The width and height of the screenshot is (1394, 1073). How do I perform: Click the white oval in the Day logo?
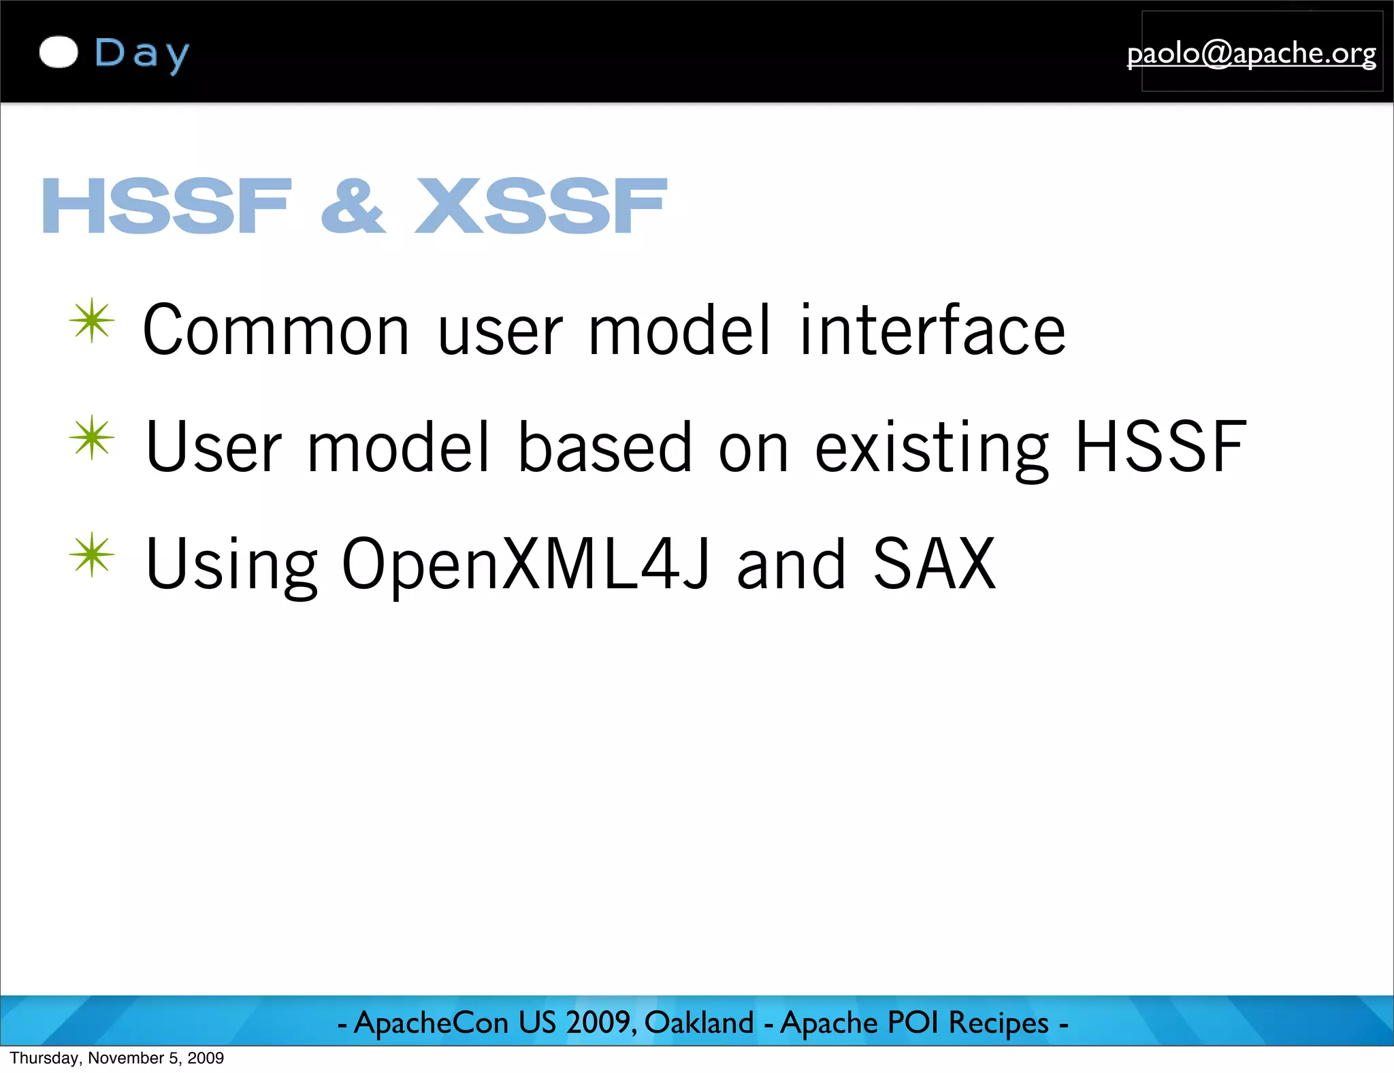coord(59,52)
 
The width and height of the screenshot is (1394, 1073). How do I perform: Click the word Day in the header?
coord(142,54)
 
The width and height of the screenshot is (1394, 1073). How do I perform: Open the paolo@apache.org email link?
coord(1251,53)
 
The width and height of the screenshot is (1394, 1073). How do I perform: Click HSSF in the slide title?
coord(167,206)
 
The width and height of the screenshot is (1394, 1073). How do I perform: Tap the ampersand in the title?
coord(353,206)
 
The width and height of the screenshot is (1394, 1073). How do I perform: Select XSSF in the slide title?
coord(541,206)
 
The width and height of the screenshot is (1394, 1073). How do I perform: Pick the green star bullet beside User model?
coord(92,437)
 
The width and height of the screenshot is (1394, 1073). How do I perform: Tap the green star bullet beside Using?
coord(92,554)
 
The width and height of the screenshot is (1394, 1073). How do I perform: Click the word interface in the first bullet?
coord(933,330)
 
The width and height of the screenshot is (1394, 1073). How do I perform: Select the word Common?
coord(276,330)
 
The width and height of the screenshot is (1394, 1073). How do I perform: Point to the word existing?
coord(932,448)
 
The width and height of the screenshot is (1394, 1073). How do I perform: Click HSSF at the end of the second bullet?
coord(1161,447)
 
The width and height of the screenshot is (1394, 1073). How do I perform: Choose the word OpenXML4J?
coord(525,564)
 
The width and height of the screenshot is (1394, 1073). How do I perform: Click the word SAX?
coord(935,564)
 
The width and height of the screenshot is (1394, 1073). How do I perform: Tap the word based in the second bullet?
coord(604,447)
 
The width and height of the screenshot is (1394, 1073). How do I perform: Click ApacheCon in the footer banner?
coord(431,1023)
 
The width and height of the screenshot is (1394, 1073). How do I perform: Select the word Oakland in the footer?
coord(699,1023)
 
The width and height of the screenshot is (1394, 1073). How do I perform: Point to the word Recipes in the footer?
coord(999,1023)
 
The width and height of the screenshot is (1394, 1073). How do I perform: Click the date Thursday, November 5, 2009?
coord(116,1058)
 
